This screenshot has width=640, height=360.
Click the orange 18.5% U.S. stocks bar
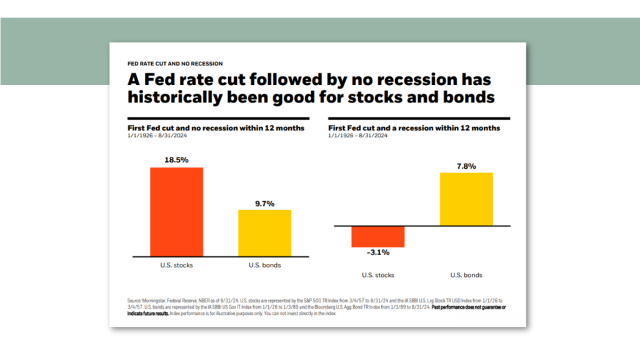(176, 212)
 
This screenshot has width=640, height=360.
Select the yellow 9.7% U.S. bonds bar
(264, 233)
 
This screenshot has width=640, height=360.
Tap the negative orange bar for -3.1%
(378, 236)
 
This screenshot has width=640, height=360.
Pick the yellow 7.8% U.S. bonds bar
(466, 199)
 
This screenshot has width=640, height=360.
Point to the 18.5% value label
(176, 160)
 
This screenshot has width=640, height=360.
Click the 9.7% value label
(264, 203)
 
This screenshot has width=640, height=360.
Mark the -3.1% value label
(378, 252)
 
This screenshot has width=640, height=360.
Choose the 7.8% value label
(466, 166)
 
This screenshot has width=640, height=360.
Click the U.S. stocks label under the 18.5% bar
(176, 265)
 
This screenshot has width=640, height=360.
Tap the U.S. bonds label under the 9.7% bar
(264, 265)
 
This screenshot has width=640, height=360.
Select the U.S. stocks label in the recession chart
(378, 275)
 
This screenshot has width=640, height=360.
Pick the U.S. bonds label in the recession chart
(466, 275)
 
